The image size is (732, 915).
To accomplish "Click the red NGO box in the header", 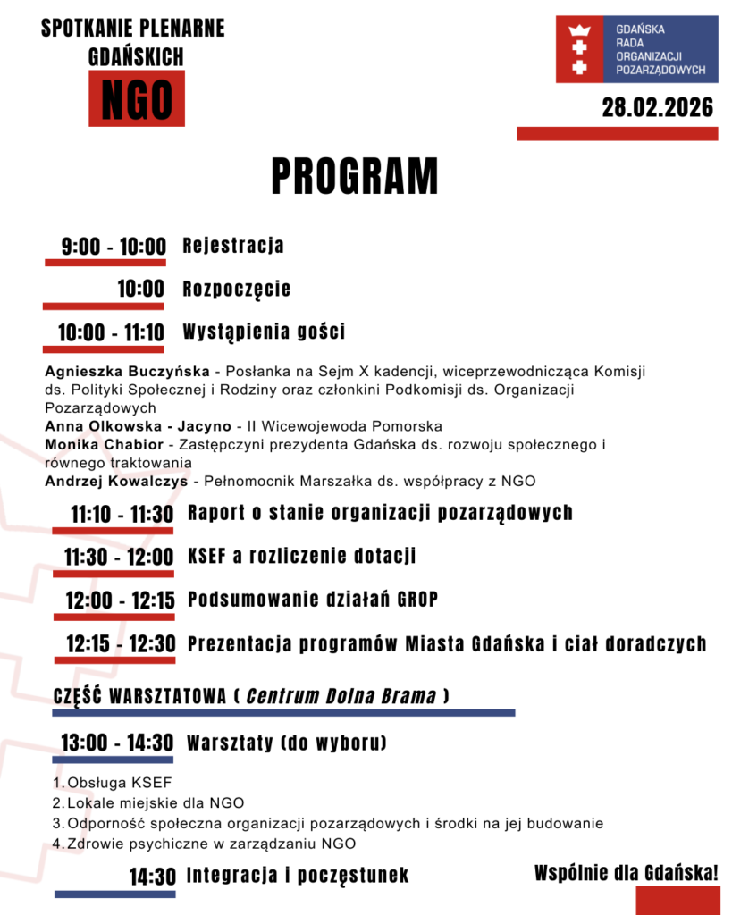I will (x=136, y=98).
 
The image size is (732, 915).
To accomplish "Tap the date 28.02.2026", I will (x=657, y=108).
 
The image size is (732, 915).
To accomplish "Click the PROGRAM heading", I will (x=355, y=176).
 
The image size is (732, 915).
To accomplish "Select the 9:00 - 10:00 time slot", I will (x=114, y=247).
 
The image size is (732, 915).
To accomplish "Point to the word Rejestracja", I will (x=233, y=245).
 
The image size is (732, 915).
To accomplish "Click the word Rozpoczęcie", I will (x=237, y=289).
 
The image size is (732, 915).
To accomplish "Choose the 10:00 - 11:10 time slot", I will (x=111, y=333).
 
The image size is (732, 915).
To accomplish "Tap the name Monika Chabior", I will (x=104, y=444).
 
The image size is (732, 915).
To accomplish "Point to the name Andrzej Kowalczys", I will (x=116, y=482).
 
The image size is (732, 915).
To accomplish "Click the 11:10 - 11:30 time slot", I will (x=122, y=514).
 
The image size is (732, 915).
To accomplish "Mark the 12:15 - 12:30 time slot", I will (x=121, y=643).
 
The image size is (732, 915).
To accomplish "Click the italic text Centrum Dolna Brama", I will (x=341, y=695).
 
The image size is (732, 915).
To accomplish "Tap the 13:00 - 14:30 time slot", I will (x=117, y=743).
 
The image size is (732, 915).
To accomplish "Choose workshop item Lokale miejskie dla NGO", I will (x=156, y=803).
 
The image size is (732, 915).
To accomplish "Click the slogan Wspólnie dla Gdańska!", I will (x=627, y=873).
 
